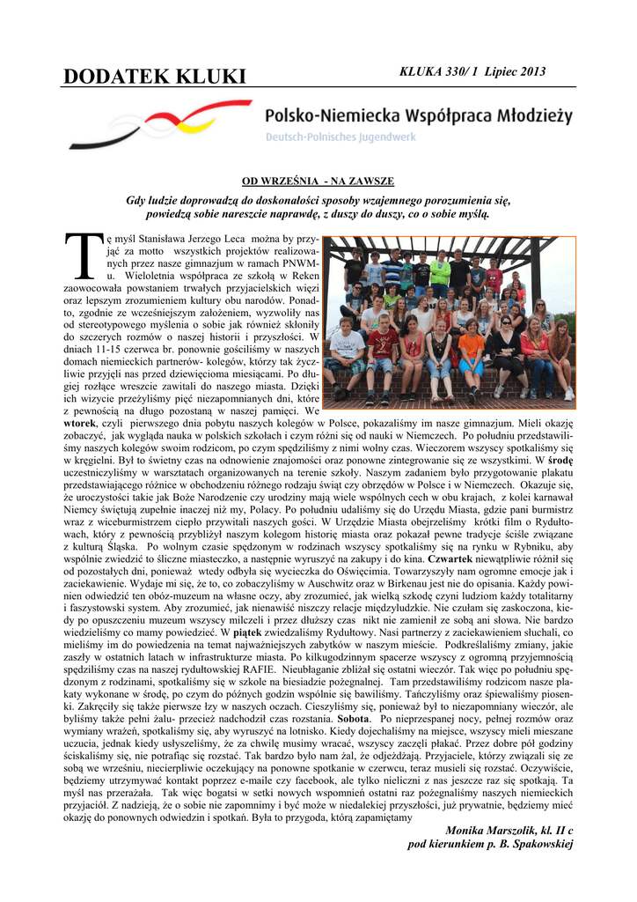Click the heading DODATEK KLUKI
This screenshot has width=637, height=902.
coord(155,78)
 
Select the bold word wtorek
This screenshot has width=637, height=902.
coord(80,422)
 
